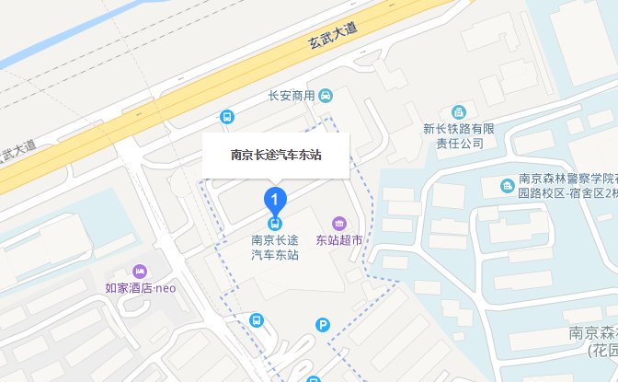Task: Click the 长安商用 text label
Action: [x=292, y=96]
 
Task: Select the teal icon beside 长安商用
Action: [x=326, y=96]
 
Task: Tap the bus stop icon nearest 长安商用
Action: [x=226, y=117]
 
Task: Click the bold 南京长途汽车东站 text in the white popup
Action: [x=276, y=155]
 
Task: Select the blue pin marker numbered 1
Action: [x=275, y=199]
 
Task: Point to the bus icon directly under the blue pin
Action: [x=275, y=223]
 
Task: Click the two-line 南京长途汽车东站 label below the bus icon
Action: [x=275, y=248]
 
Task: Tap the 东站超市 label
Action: [x=339, y=241]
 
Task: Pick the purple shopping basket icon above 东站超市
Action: [x=339, y=223]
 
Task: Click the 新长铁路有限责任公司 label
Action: [x=459, y=136]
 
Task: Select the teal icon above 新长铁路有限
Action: [x=459, y=112]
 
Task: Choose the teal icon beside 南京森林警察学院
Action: [x=507, y=187]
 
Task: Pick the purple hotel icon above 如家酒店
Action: [x=140, y=272]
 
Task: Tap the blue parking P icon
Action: [x=322, y=324]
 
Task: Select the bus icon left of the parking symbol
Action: [x=257, y=322]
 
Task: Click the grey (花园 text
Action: [x=602, y=351]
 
